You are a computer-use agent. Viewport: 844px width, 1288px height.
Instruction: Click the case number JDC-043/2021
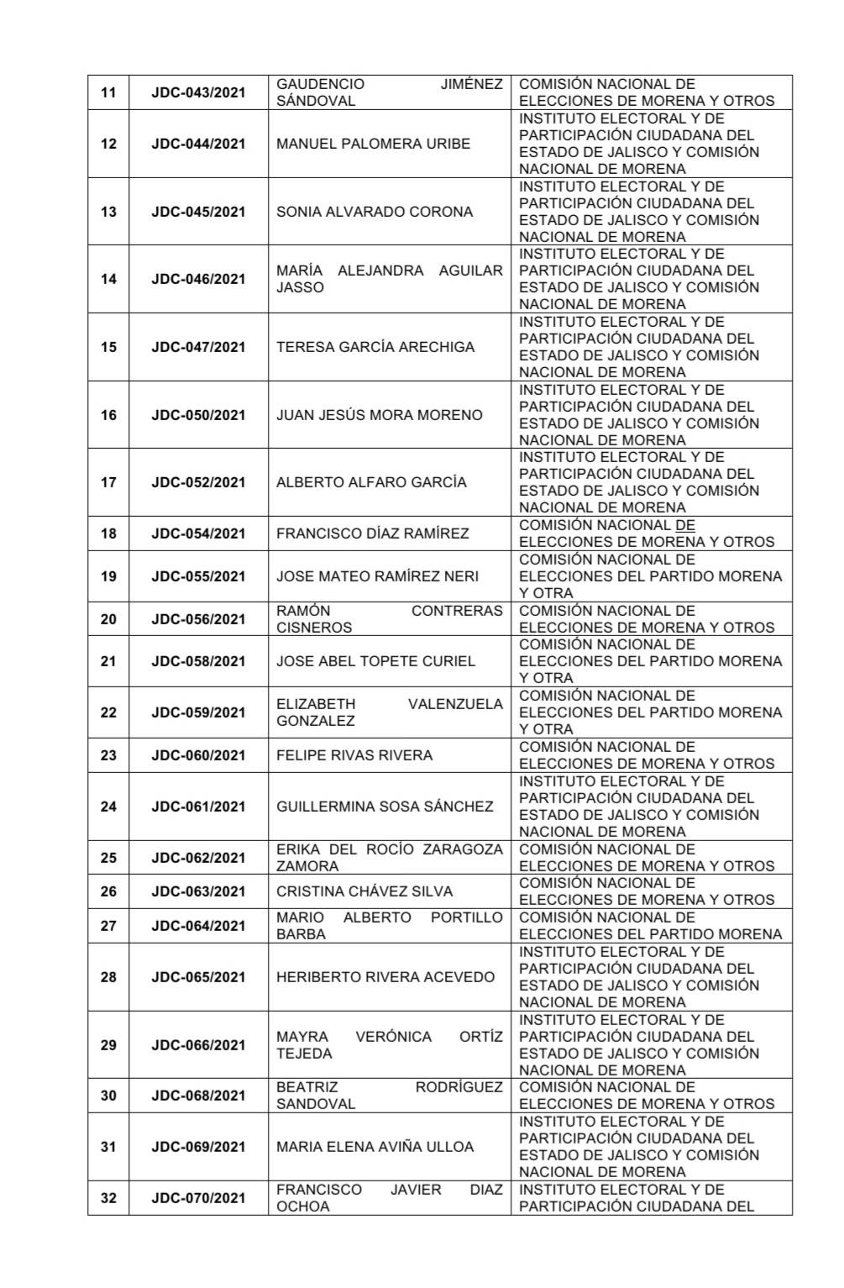(198, 92)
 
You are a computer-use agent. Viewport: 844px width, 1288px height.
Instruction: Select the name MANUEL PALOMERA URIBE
(373, 144)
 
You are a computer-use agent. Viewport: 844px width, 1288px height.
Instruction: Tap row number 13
(108, 212)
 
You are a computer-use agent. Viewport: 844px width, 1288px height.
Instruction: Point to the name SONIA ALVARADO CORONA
(375, 212)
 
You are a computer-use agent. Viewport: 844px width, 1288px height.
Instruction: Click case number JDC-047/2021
(198, 347)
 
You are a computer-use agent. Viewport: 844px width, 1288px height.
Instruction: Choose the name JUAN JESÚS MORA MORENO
(379, 415)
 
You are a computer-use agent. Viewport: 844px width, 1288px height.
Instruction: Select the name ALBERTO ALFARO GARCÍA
(371, 482)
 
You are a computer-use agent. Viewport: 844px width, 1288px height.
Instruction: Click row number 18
(108, 534)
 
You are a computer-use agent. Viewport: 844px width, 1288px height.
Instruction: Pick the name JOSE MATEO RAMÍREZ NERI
(377, 576)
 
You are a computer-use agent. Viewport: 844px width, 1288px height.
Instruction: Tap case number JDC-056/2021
(198, 619)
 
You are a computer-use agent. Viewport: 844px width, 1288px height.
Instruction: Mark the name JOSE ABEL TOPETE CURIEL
(375, 661)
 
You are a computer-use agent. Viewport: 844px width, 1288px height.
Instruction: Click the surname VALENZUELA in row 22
(455, 704)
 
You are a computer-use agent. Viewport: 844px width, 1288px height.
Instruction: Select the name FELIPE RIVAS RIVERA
(354, 755)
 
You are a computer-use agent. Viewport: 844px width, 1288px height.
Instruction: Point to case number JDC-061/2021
(198, 807)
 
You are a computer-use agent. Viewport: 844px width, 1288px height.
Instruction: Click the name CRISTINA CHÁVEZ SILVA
(364, 891)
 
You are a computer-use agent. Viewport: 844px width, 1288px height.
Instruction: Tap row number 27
(108, 926)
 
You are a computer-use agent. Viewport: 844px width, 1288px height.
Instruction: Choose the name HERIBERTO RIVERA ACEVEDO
(385, 977)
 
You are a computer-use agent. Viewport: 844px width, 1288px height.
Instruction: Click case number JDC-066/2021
(198, 1045)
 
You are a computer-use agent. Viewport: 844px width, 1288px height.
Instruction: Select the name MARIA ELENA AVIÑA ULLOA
(375, 1147)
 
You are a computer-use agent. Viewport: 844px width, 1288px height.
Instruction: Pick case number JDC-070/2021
(198, 1198)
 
